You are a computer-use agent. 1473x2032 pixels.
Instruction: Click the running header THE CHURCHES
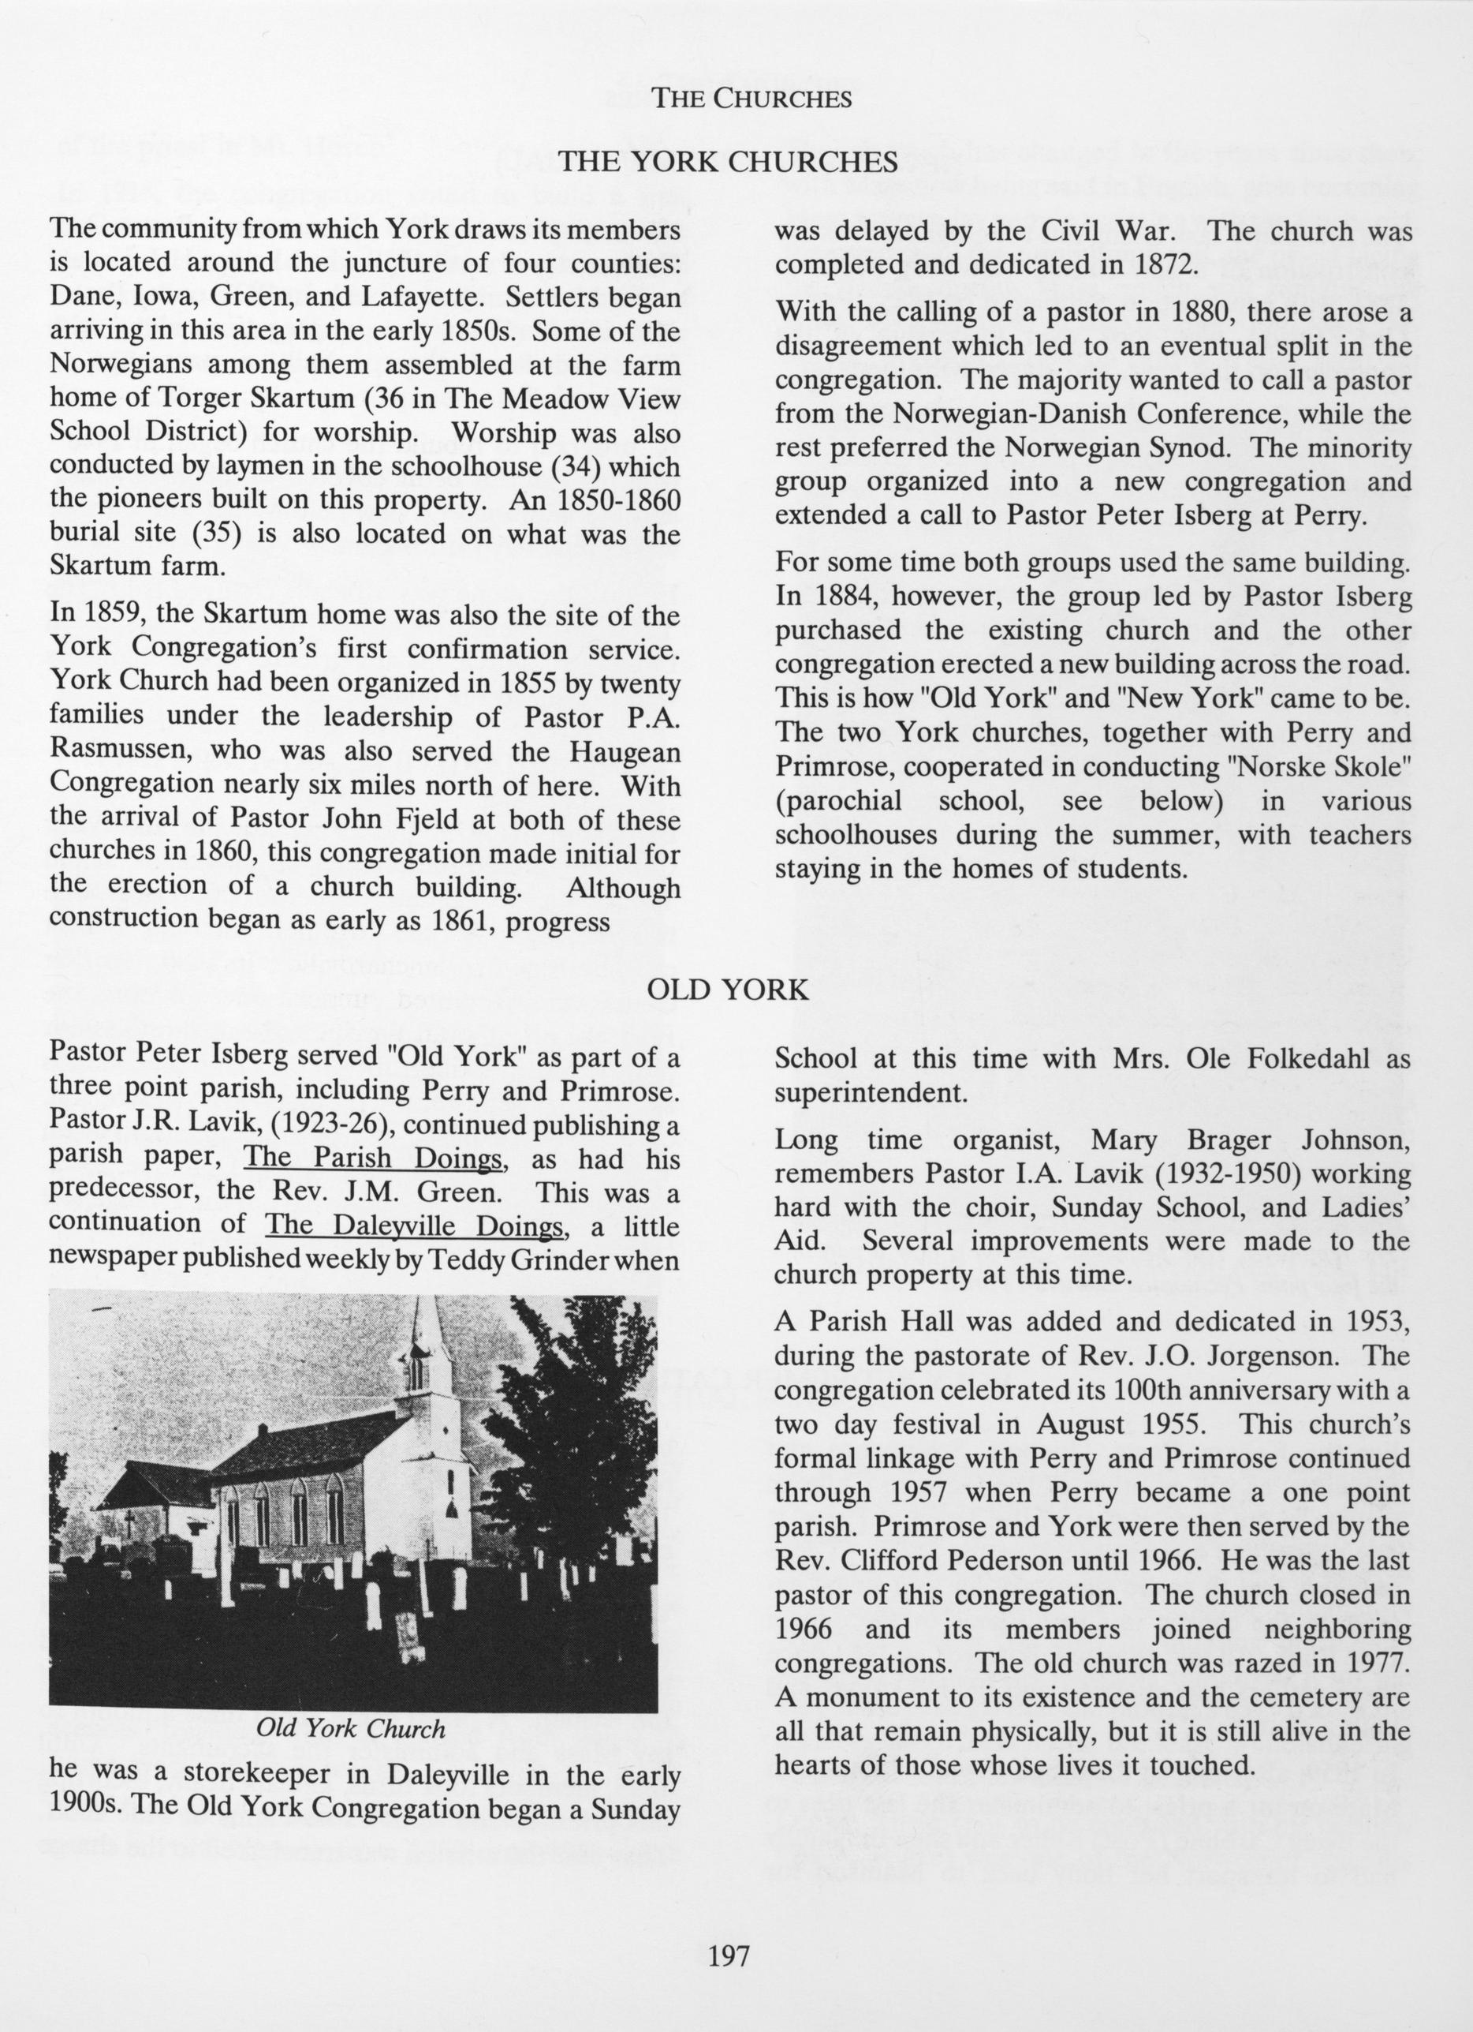pos(751,99)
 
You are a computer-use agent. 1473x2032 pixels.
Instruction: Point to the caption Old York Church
pos(350,1728)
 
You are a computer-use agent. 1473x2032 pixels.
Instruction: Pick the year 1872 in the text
pos(1161,266)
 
